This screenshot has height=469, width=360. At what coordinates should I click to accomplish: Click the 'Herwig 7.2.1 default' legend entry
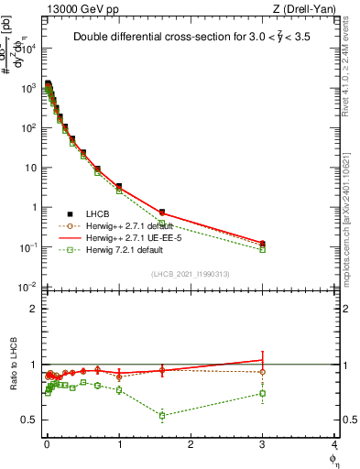click(x=108, y=249)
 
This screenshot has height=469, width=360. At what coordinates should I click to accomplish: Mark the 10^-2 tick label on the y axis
click(x=27, y=288)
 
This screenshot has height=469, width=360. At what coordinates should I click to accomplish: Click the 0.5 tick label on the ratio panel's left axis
click(x=30, y=420)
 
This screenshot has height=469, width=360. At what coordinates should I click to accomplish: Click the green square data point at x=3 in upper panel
click(x=263, y=249)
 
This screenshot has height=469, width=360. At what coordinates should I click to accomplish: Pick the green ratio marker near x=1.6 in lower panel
click(x=162, y=416)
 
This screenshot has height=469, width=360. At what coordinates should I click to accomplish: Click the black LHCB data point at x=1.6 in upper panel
click(x=162, y=213)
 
